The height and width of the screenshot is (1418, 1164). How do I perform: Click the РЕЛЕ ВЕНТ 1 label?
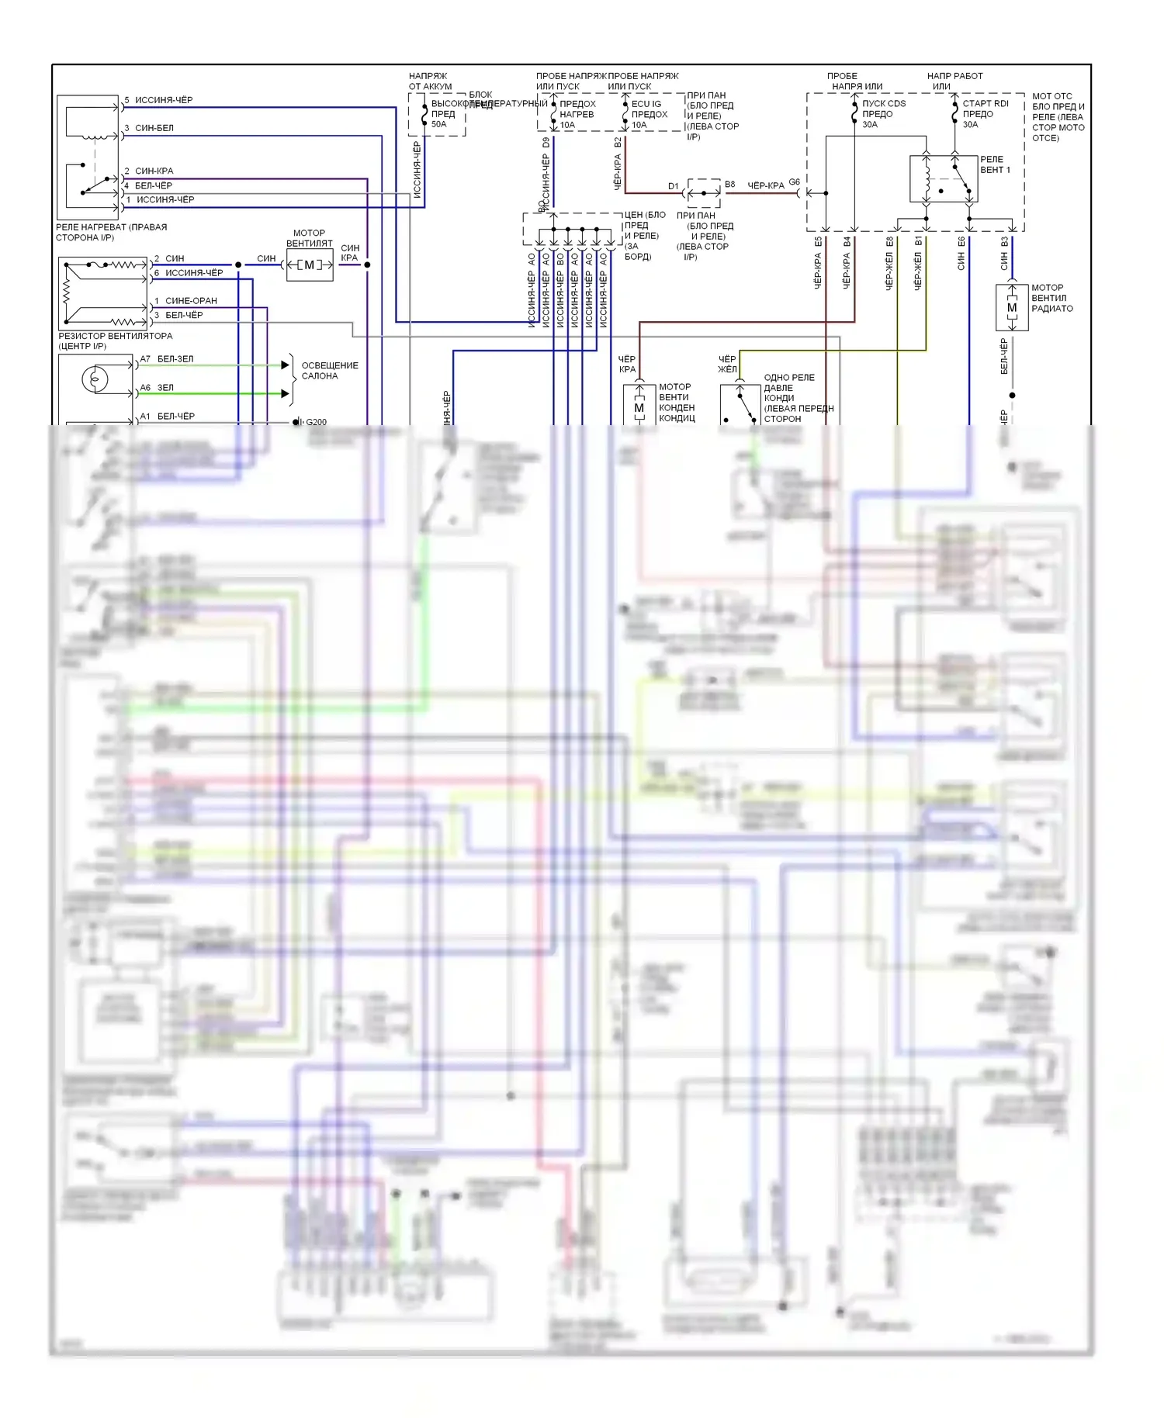(994, 164)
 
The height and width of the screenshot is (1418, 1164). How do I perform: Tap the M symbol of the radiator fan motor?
(1012, 308)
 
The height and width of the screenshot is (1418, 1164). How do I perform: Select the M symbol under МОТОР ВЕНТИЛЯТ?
(310, 265)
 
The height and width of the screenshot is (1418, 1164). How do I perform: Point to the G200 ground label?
(316, 422)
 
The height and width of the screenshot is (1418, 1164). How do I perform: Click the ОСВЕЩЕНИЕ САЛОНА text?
(330, 371)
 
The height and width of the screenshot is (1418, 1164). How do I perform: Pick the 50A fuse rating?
(439, 124)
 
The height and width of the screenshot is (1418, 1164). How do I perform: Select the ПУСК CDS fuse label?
(884, 103)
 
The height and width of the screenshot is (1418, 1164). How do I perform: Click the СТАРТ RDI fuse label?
(986, 103)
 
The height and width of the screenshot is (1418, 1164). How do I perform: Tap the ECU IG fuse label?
(646, 104)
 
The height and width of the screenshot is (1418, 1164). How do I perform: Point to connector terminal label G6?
(794, 182)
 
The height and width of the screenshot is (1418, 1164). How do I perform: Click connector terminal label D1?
(673, 186)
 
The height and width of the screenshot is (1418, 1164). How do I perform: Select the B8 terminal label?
(729, 185)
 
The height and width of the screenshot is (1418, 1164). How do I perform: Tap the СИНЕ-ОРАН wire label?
(191, 301)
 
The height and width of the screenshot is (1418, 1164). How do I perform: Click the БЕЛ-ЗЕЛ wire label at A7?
(175, 359)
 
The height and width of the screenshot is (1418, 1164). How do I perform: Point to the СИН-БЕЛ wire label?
(154, 128)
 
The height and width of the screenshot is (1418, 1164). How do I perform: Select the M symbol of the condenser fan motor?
(639, 408)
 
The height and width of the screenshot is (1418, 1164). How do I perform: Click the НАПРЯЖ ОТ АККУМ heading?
(430, 81)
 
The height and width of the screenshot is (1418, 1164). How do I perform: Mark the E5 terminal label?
(818, 242)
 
